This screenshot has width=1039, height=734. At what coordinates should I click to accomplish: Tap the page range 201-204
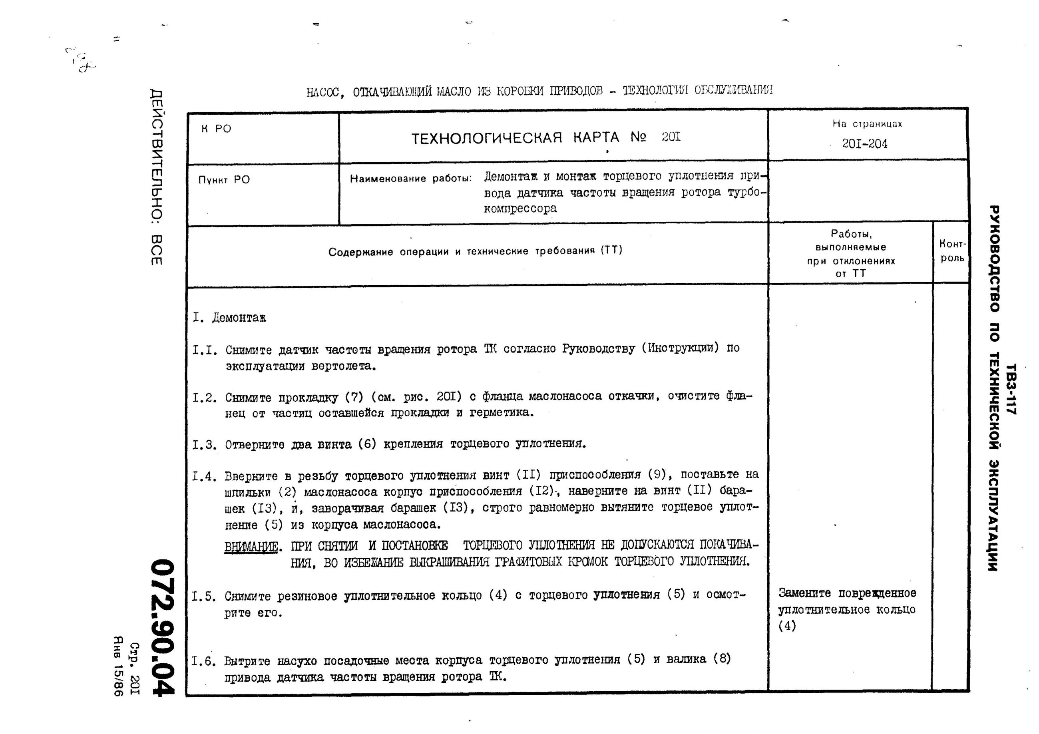point(864,144)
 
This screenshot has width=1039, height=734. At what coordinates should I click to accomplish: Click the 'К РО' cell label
point(216,129)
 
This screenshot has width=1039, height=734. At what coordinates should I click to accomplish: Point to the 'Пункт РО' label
point(224,180)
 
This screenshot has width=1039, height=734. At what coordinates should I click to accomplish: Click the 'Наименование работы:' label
point(410,178)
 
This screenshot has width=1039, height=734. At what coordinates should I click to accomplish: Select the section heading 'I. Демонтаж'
point(229,318)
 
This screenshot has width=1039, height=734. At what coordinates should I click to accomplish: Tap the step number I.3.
point(205,445)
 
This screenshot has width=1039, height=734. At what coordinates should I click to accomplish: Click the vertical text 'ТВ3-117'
point(1011,389)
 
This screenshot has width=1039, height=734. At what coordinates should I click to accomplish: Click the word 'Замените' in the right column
point(804,593)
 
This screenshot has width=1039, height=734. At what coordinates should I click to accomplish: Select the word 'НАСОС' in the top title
point(321,92)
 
